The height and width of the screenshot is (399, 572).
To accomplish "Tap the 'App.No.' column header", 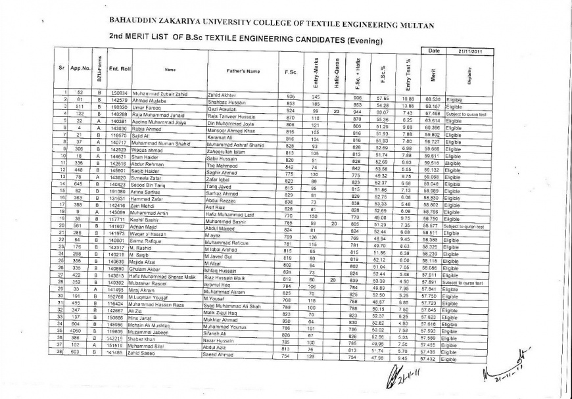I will point(80,68).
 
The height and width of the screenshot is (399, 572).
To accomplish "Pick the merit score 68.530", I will point(432,99).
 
